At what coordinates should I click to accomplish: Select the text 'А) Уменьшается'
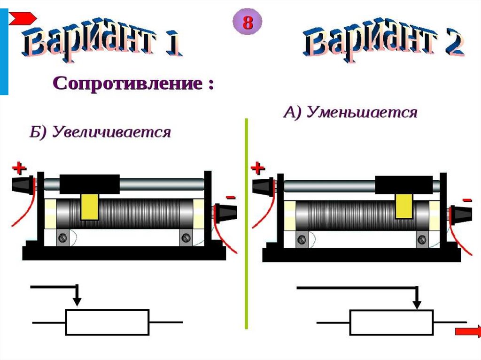[350, 113]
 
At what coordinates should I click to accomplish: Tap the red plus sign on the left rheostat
[19, 168]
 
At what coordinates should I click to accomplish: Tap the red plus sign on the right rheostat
[258, 168]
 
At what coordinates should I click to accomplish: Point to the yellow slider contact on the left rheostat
[89, 207]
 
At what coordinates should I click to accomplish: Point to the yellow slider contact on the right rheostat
[403, 207]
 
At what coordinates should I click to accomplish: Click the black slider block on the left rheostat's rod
[89, 184]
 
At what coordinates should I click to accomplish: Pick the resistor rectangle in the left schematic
[107, 322]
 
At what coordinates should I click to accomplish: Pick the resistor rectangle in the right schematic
[392, 322]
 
